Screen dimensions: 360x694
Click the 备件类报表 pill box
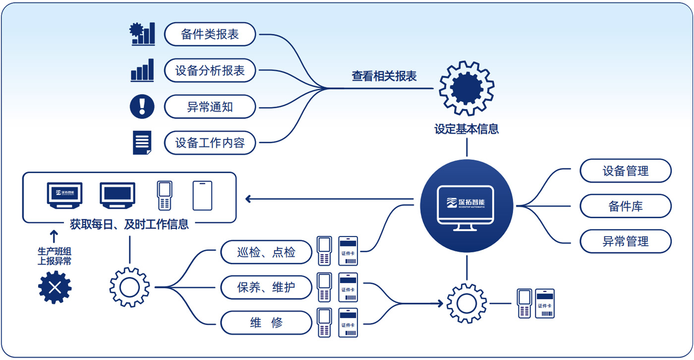[210, 35]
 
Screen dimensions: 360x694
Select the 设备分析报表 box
[210, 71]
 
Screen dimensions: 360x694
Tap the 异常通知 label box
[210, 107]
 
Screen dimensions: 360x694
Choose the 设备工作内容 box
[210, 143]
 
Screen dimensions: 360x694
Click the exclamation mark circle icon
[142, 107]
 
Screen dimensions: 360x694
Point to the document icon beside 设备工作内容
[142, 143]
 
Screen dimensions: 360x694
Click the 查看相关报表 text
[384, 76]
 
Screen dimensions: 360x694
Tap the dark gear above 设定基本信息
[466, 88]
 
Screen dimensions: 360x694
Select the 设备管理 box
[626, 171]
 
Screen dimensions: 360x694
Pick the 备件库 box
[626, 206]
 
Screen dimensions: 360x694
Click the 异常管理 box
[626, 241]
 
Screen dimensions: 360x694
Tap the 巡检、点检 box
[266, 252]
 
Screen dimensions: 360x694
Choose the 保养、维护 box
[266, 288]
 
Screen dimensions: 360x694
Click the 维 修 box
[266, 323]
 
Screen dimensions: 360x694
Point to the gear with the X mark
[55, 287]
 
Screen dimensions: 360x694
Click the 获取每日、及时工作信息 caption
[129, 224]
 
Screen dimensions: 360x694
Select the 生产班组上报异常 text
[55, 256]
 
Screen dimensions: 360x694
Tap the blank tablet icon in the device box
[202, 195]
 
